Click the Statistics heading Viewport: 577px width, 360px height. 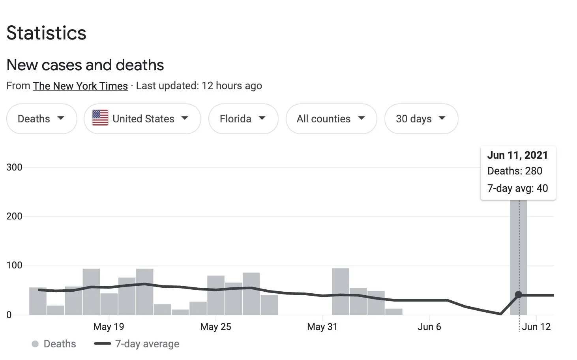(x=46, y=33)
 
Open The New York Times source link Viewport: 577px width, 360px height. (x=80, y=86)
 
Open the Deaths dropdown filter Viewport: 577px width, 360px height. (x=41, y=119)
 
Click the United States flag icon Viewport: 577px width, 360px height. (x=100, y=118)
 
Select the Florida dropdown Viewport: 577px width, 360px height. (x=243, y=119)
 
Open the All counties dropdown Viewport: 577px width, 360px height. (x=331, y=119)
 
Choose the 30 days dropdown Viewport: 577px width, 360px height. (x=421, y=119)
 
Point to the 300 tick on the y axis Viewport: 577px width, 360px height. (x=14, y=167)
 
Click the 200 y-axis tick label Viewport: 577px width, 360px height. (x=14, y=216)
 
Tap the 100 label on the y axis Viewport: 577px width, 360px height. (x=14, y=265)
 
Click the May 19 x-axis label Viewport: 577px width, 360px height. (x=109, y=327)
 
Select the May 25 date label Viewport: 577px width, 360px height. (x=215, y=327)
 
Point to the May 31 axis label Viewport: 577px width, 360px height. (x=322, y=327)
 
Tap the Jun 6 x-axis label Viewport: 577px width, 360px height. (x=429, y=327)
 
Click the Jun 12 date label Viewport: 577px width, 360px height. (x=536, y=327)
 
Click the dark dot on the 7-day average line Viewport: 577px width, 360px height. (x=519, y=294)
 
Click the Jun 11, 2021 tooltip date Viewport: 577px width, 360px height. (x=517, y=155)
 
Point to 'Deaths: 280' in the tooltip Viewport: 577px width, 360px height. (x=515, y=171)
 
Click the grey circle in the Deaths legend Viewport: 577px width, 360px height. (x=35, y=344)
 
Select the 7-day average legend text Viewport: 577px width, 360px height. (x=147, y=344)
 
